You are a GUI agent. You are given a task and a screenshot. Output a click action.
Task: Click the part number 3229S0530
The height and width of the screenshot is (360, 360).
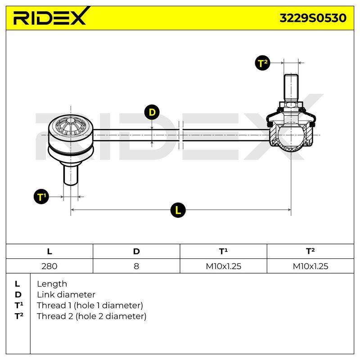click(313, 18)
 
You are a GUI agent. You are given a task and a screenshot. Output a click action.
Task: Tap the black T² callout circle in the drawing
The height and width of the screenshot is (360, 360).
click(262, 63)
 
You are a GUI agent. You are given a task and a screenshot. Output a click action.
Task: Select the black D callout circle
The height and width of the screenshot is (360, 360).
click(152, 112)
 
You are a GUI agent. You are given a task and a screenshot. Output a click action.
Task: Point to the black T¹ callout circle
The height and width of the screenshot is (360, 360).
click(41, 197)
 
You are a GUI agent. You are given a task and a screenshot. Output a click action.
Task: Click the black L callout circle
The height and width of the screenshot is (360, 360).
click(178, 210)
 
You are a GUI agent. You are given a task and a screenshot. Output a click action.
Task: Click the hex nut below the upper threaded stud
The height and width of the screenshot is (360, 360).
click(291, 104)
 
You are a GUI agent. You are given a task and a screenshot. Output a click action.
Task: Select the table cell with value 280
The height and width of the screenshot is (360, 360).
click(49, 266)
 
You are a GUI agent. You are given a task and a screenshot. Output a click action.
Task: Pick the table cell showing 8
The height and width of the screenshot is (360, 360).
click(136, 266)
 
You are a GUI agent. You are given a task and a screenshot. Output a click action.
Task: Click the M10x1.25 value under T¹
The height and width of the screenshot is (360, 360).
click(223, 266)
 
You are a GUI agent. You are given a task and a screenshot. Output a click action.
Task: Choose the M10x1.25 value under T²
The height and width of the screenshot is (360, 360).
click(310, 266)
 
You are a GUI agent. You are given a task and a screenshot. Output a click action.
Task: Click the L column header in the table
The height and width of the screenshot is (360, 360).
click(49, 252)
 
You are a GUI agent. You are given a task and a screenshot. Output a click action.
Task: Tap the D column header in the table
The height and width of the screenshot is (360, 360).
click(136, 252)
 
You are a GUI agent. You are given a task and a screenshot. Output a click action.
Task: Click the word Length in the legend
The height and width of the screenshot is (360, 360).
click(52, 284)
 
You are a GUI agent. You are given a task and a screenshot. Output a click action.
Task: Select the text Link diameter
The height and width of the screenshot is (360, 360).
click(66, 295)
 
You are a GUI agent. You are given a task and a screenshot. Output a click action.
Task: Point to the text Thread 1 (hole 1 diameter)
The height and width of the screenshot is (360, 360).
click(90, 306)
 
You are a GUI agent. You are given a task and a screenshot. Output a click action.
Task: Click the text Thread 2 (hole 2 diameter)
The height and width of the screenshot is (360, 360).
click(91, 316)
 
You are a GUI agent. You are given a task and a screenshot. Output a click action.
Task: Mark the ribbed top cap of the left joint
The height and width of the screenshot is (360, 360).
click(71, 126)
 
